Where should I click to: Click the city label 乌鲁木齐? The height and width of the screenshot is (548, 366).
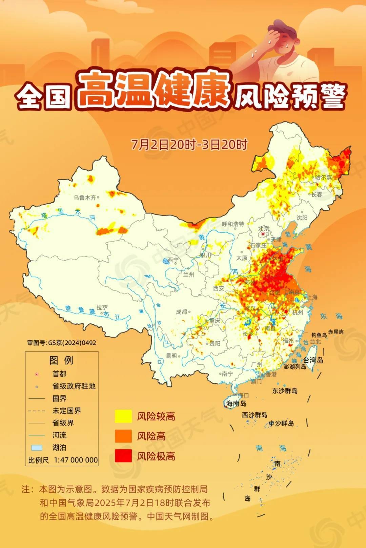pyautogui.click(x=84, y=197)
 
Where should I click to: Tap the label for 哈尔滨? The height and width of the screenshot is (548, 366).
pyautogui.click(x=324, y=177)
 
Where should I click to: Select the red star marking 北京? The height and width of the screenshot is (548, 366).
pyautogui.click(x=263, y=234)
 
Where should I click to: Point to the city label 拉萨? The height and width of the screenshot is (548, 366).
pyautogui.click(x=102, y=307)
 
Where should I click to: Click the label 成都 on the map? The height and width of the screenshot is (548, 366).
pyautogui.click(x=181, y=311)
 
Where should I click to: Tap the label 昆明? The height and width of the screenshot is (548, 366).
pyautogui.click(x=171, y=356)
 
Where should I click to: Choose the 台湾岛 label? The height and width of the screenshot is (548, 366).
pyautogui.click(x=313, y=360)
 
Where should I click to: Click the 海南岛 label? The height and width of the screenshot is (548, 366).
pyautogui.click(x=236, y=403)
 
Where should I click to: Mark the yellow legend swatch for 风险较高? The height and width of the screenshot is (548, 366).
pyautogui.click(x=123, y=416)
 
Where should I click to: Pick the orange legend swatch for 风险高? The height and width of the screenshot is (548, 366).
pyautogui.click(x=123, y=436)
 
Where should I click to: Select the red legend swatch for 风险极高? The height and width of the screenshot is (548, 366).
pyautogui.click(x=123, y=456)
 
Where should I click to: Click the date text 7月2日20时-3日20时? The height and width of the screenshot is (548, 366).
pyautogui.click(x=189, y=145)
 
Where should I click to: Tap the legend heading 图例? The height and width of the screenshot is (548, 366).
pyautogui.click(x=61, y=360)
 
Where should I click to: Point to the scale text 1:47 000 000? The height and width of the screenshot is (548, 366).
pyautogui.click(x=76, y=460)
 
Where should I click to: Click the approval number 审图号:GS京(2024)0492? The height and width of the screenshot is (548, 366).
pyautogui.click(x=62, y=343)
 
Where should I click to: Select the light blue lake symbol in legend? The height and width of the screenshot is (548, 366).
pyautogui.click(x=37, y=448)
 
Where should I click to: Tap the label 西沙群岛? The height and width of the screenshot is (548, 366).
pyautogui.click(x=255, y=415)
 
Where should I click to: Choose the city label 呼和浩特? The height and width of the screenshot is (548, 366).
pyautogui.click(x=233, y=224)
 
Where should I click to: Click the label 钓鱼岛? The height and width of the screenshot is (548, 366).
pyautogui.click(x=319, y=335)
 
